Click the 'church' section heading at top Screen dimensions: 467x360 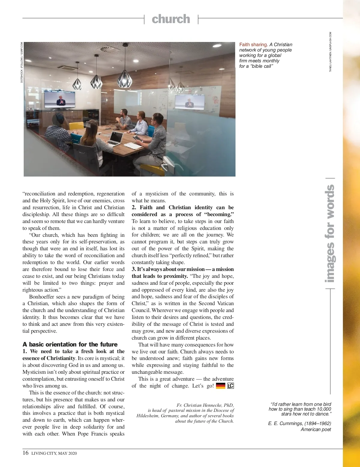tap(171, 19)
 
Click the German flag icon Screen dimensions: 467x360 tap(220, 386)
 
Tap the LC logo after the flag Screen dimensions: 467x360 tap(230, 386)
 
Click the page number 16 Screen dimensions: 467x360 tap(25, 453)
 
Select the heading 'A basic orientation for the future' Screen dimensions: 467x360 tap(70, 344)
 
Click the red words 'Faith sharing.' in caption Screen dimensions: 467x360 tap(253, 45)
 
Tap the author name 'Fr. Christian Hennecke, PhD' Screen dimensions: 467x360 tap(205, 405)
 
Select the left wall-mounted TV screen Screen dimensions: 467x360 tap(60, 99)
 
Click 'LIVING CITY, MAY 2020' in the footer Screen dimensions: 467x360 tap(54, 453)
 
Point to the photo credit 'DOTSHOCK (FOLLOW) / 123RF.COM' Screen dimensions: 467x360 tap(22, 62)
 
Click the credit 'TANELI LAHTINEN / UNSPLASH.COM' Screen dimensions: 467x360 tap(330, 52)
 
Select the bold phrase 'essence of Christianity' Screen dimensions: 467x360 tap(49, 358)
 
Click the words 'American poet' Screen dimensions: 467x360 tap(316, 429)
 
